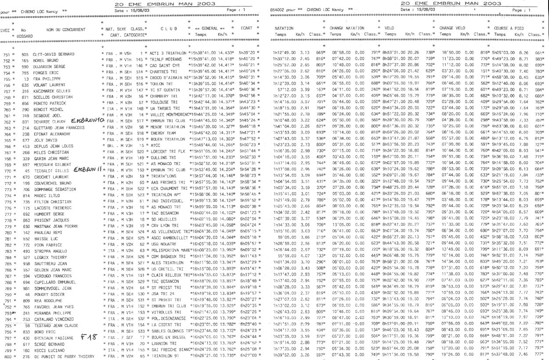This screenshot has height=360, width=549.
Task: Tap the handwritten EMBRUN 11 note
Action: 89,169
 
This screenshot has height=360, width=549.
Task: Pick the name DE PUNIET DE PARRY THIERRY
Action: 64,356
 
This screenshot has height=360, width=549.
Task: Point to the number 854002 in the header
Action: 274,9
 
